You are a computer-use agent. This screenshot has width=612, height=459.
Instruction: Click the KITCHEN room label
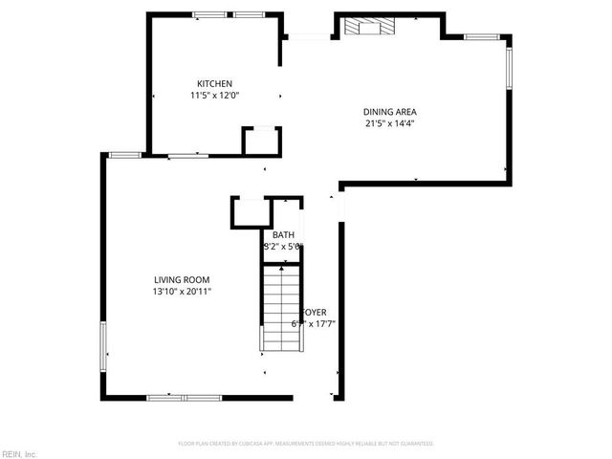coord(214,84)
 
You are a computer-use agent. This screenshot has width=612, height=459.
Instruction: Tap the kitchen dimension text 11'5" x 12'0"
coord(214,96)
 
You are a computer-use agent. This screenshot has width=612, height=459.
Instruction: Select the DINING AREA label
coord(389,111)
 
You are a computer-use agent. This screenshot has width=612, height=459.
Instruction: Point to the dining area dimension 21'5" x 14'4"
coord(389,122)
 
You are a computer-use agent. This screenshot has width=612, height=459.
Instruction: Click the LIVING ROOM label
coord(182,279)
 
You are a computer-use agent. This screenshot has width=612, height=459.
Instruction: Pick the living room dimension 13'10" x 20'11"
coord(182,291)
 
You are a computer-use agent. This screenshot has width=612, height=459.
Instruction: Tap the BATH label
coord(283,235)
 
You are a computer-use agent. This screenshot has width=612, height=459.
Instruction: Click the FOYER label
coord(315,313)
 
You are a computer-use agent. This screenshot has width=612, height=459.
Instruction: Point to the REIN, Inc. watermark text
coord(19,453)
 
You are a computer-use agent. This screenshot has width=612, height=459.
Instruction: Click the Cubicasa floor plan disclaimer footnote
coord(306,444)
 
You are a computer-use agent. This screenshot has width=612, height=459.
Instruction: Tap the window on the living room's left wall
coord(103,345)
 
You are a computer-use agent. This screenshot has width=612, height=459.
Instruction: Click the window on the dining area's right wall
coord(509,66)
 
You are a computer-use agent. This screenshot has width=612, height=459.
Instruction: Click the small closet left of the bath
coord(249,212)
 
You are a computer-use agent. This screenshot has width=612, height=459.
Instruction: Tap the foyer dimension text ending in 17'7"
coord(314,323)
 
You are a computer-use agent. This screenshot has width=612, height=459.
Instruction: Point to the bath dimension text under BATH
coord(283,247)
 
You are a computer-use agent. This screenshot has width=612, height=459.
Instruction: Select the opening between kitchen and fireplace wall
coord(308,37)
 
